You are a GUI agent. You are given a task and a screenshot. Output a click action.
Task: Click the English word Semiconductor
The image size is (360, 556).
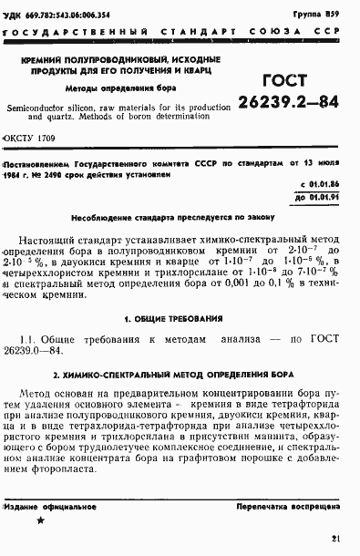pos(43,107)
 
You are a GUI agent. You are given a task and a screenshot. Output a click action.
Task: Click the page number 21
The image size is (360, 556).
pos(336,539)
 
